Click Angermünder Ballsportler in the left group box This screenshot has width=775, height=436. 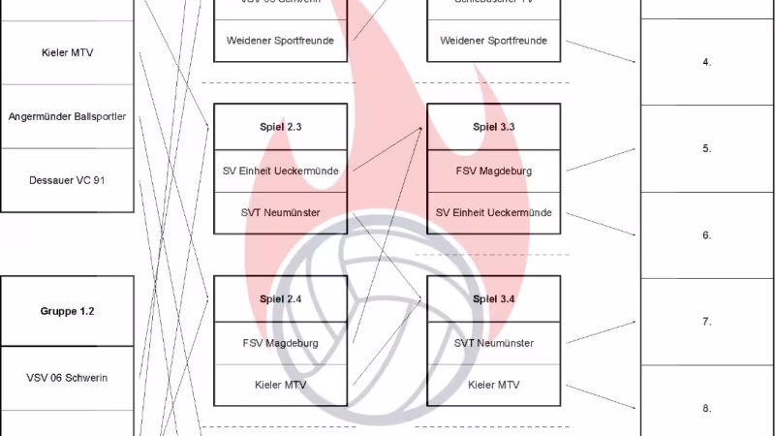(x=67, y=117)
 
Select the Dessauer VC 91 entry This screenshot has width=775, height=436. (x=67, y=180)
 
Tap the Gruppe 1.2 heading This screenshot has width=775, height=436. (x=67, y=311)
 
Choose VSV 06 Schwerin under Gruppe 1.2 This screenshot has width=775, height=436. (x=67, y=377)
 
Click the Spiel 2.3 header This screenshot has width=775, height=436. (x=280, y=127)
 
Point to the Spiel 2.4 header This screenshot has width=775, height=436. (x=280, y=299)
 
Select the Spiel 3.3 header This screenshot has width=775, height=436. (x=494, y=127)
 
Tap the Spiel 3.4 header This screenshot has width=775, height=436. (x=494, y=299)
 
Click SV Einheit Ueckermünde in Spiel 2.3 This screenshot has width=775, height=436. (x=280, y=171)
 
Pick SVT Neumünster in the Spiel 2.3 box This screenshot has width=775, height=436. (x=280, y=212)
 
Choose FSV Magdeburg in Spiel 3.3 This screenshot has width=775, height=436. (x=494, y=171)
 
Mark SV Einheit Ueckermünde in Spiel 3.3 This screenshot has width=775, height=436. (x=494, y=212)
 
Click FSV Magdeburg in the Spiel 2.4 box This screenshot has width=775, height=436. (x=280, y=343)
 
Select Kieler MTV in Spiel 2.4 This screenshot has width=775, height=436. (x=280, y=385)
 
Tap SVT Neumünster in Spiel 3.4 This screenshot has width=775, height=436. (x=494, y=343)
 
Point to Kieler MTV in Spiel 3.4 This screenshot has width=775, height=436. (x=494, y=385)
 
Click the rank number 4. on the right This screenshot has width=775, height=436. (x=707, y=62)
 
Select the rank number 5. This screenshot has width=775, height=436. (x=707, y=148)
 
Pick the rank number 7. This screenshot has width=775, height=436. (x=707, y=321)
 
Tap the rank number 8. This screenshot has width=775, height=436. (x=707, y=408)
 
